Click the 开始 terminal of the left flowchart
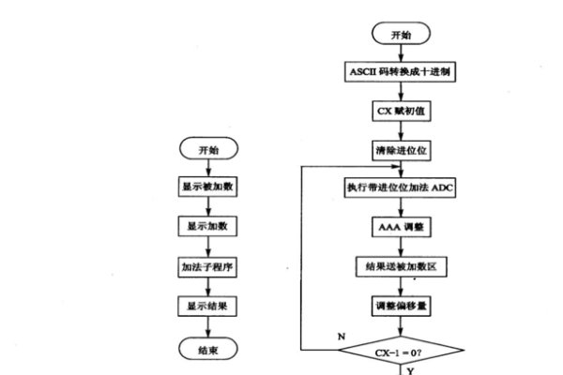pos(208,150)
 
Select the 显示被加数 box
pos(208,187)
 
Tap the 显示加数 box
pos(208,227)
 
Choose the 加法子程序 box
pos(208,266)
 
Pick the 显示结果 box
pos(208,306)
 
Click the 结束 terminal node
pos(208,349)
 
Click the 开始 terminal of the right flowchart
pos(401,34)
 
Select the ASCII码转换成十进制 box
pos(401,71)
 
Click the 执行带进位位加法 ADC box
pos(401,187)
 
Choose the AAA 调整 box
pos(401,227)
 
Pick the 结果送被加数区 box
pos(401,266)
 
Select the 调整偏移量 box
pos(401,306)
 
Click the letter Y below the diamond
pos(409,369)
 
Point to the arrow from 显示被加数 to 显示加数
pos(208,207)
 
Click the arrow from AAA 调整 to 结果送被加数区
pos(401,247)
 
